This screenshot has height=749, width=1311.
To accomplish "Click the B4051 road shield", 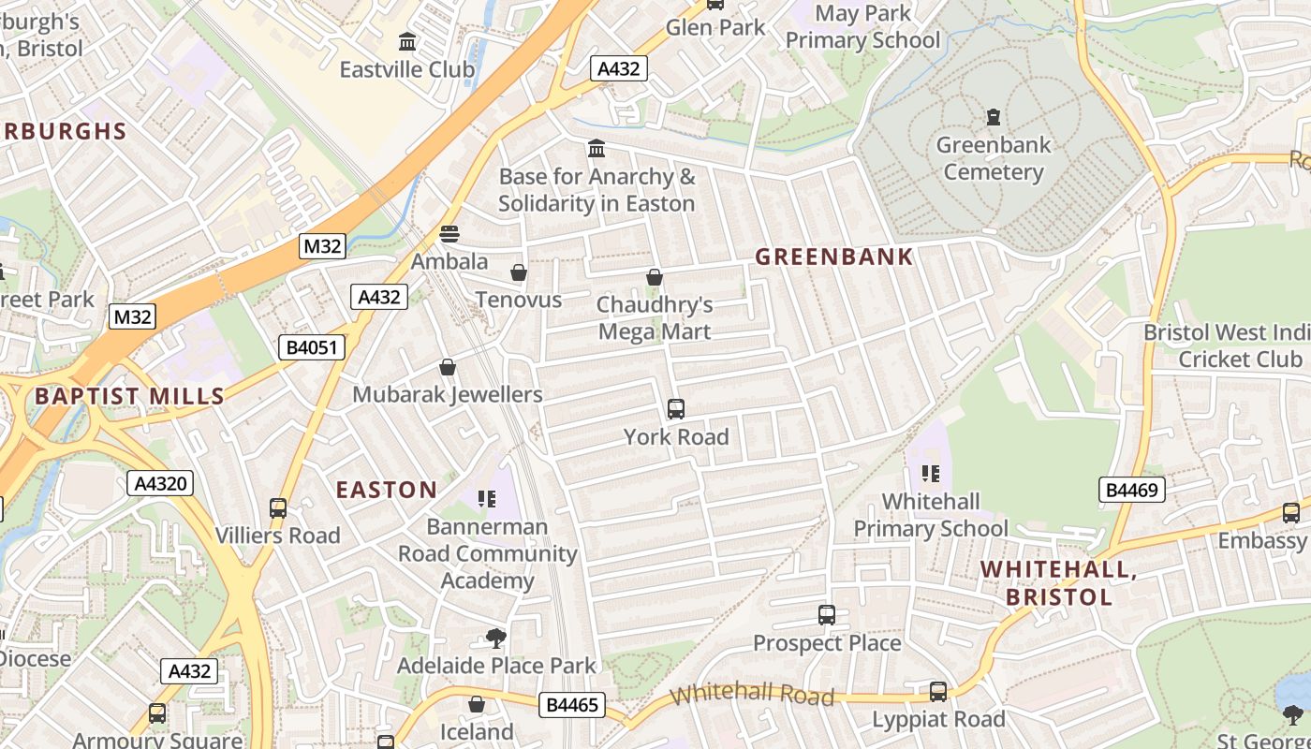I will (312, 348).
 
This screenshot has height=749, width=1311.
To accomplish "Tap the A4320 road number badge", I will (160, 484).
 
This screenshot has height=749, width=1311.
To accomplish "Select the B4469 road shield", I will (1131, 489).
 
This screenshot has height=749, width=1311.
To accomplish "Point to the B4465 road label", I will (571, 705).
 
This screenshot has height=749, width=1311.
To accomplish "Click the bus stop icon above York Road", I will (675, 409).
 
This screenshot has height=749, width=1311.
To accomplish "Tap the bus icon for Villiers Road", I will (278, 508).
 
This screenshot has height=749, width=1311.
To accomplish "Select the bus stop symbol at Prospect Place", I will (826, 615).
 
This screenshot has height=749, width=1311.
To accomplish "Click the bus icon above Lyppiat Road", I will (937, 692).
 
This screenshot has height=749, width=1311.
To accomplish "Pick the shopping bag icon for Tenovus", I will (518, 272).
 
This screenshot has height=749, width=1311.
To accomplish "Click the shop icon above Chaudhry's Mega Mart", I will (655, 277).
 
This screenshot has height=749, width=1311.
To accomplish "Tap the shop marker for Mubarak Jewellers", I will (448, 367).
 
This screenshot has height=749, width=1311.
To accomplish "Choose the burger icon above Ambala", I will (449, 234).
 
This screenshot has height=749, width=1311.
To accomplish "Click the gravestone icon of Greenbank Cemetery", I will (993, 117).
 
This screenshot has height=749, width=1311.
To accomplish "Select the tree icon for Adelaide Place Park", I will (495, 639).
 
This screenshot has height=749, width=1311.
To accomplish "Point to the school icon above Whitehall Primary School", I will (930, 474).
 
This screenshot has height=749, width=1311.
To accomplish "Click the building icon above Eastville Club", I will (407, 42).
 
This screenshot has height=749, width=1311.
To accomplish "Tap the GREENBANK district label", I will (833, 257).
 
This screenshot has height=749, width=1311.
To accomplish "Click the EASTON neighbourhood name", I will (386, 490).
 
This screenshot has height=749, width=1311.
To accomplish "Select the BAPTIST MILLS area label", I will (129, 396).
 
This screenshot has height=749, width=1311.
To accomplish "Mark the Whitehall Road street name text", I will (752, 694).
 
